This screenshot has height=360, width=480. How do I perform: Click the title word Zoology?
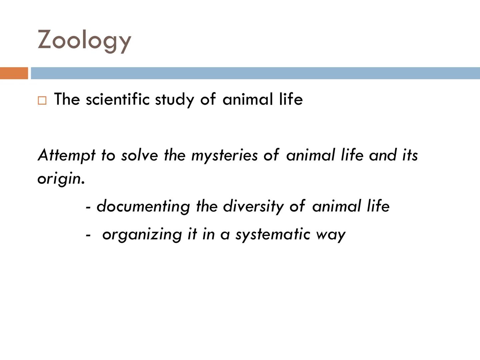coord(84,40)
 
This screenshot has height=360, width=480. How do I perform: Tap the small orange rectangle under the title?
coord(14,73)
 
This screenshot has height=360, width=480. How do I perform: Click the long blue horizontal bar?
coord(255,73)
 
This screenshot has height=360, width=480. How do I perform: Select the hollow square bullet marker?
coord(42,100)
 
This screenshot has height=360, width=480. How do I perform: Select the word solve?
coord(139,155)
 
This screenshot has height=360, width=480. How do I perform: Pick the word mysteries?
coord(224,155)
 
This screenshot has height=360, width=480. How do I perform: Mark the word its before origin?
coord(410,155)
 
